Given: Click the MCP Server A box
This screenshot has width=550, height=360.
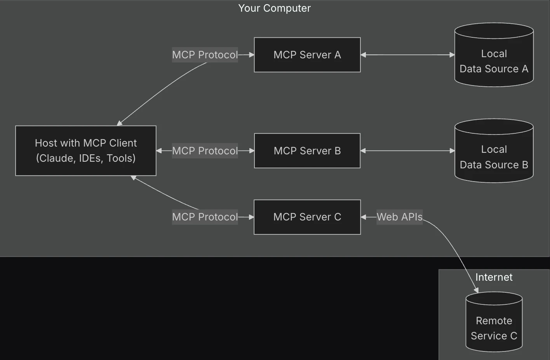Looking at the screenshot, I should pos(307,55).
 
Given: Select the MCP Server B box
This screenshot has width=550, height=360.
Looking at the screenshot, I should pos(307,151).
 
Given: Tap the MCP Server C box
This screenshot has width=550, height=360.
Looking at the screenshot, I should pos(307,217).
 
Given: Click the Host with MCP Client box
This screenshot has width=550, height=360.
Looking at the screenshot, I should pos(86,151).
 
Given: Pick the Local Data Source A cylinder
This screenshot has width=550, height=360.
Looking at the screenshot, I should pos(494,58).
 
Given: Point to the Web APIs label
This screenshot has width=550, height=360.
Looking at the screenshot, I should pos(399,217).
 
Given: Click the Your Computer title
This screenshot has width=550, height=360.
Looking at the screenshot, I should pos(274,8).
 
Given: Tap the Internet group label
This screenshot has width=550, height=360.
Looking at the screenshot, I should pos(494,277).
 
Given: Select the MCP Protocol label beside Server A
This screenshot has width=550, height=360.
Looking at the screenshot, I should pos(205,55).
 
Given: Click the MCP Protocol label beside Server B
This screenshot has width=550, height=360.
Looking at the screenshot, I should pos(205,151).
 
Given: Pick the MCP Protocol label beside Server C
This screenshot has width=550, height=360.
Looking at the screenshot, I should pos(205,217).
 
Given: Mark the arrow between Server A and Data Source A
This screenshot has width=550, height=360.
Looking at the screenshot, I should pos(407,55).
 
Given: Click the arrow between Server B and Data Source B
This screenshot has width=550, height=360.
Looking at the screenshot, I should pos(407,151).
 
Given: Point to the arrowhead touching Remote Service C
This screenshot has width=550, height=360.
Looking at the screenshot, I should pos(477,290).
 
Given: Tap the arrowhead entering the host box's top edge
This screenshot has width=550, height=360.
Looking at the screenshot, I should pos(120,123).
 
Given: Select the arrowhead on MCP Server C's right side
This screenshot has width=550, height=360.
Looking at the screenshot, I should pos(364,217).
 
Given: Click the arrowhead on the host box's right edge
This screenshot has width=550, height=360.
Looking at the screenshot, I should pos(159,151).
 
